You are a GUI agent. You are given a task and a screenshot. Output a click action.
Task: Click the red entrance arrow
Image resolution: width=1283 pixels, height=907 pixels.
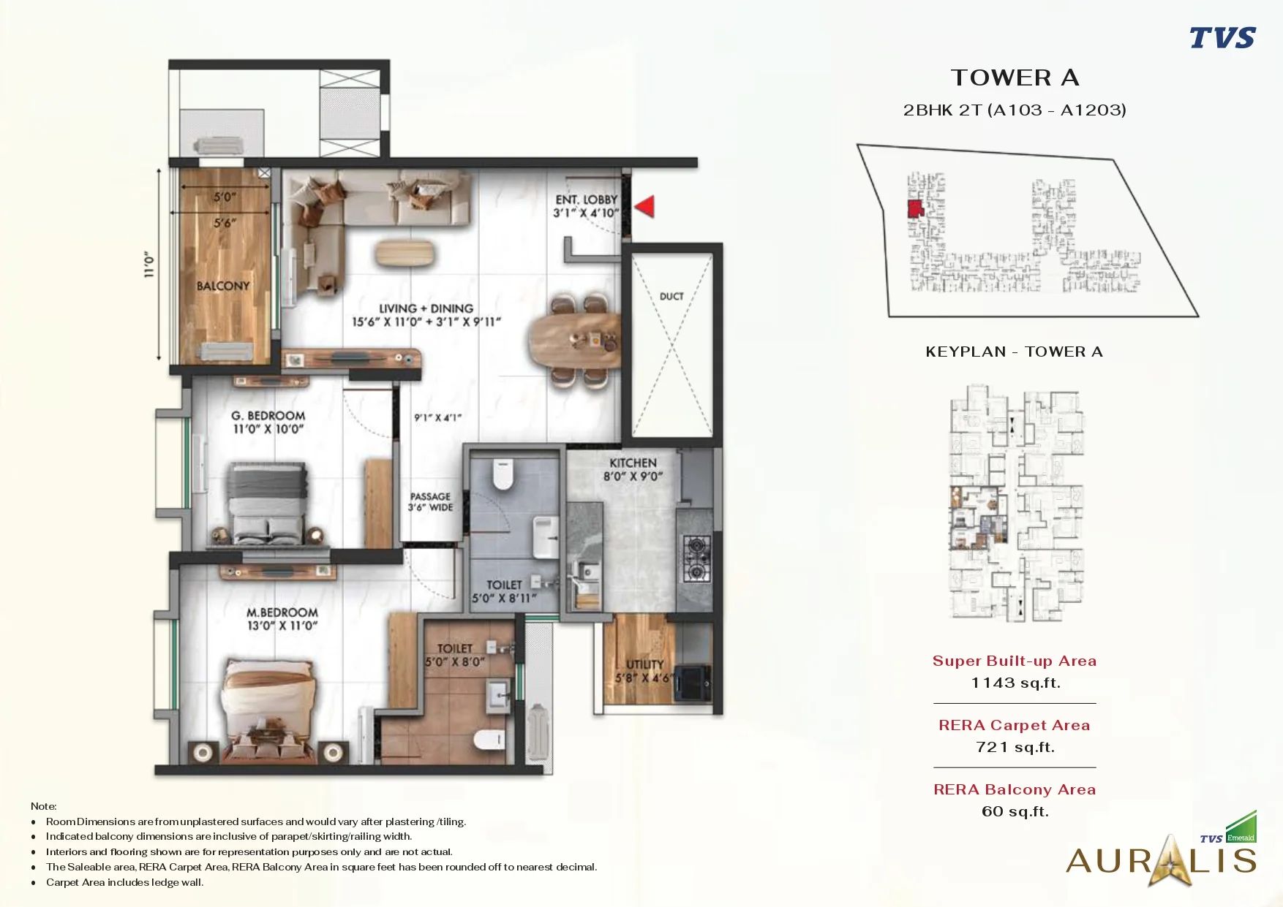click(645, 207)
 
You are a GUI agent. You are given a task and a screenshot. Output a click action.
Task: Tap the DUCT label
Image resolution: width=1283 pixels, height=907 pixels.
click(671, 296)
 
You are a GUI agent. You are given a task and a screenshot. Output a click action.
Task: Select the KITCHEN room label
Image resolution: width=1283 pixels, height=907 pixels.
click(633, 463)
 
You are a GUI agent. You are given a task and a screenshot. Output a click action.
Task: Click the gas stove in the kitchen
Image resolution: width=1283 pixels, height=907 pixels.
click(696, 558)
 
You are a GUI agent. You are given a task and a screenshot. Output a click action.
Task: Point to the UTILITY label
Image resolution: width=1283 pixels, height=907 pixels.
click(645, 664)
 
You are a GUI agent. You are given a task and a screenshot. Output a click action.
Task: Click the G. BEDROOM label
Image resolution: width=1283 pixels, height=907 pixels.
click(268, 416)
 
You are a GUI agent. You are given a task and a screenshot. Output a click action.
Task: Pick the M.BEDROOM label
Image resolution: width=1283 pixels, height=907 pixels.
click(282, 612)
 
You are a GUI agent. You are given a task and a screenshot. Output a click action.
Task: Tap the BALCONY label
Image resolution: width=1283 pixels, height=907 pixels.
click(223, 286)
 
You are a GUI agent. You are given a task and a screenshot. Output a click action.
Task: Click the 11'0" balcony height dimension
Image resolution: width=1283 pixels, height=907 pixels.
click(150, 264)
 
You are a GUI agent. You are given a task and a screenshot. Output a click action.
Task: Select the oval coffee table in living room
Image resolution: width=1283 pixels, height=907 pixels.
click(405, 254)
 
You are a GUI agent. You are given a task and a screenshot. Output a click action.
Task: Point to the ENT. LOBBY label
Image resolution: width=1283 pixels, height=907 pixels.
click(586, 200)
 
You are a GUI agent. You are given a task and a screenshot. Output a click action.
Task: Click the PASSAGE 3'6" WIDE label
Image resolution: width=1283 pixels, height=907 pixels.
click(430, 501)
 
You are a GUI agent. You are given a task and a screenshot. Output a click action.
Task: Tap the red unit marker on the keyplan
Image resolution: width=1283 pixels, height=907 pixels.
click(915, 209)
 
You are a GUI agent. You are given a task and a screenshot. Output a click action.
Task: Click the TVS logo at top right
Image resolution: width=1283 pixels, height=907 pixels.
click(1222, 37)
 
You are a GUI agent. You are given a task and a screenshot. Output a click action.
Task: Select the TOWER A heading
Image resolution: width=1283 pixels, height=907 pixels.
click(1015, 77)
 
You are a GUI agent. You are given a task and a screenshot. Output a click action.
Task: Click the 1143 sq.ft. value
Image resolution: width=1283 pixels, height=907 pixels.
click(1015, 683)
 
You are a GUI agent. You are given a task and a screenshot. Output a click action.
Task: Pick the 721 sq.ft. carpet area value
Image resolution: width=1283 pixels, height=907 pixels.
click(1015, 747)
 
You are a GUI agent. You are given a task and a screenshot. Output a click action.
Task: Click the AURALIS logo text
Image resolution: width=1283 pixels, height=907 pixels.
click(1161, 861)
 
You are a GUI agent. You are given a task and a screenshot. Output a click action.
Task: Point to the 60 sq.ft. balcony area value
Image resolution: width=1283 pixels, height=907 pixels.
click(1015, 811)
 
